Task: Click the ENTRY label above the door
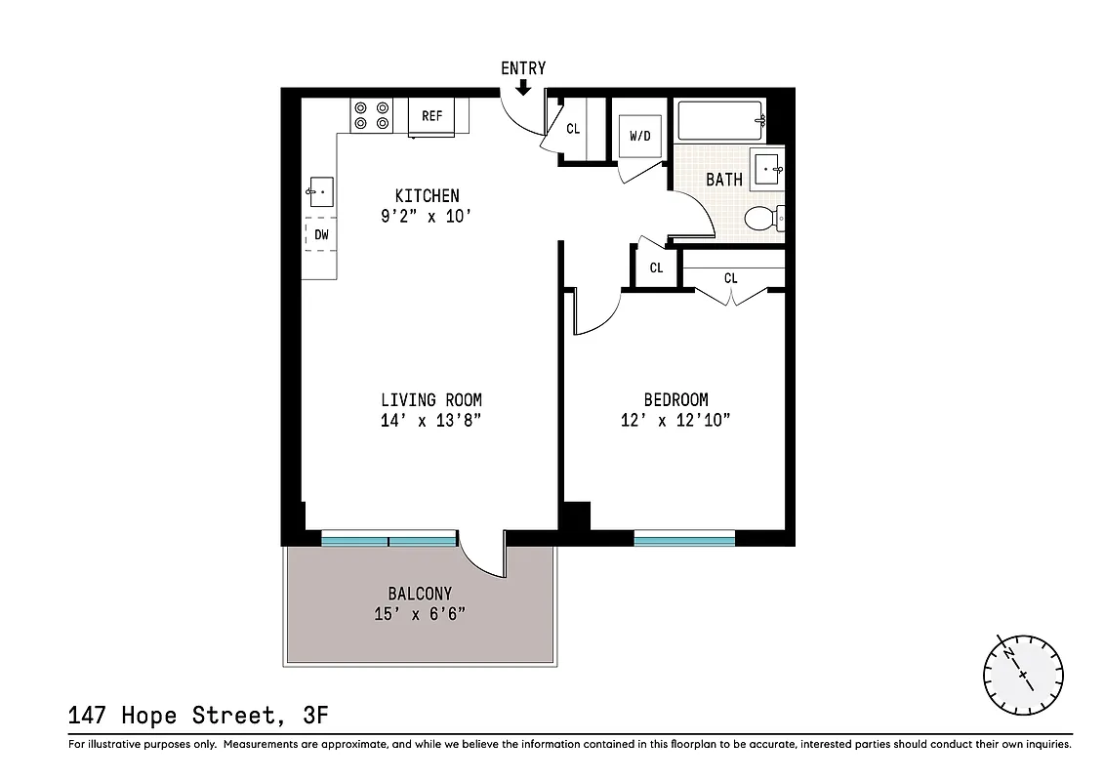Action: point(523,68)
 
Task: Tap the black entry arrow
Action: point(523,87)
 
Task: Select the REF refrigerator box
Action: point(432,116)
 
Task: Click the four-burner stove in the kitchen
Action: point(371,115)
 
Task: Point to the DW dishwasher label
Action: point(321,235)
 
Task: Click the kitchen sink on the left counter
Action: point(321,191)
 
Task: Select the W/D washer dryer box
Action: point(640,137)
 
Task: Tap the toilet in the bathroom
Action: point(762,219)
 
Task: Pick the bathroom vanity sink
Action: point(768,169)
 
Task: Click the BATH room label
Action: point(724,180)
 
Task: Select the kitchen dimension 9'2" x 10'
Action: point(427,217)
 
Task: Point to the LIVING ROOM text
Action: point(430,400)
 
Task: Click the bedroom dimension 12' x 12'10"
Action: point(675,421)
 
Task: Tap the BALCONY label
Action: point(420,594)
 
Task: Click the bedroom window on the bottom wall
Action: point(684,537)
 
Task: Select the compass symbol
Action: point(1023,674)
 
